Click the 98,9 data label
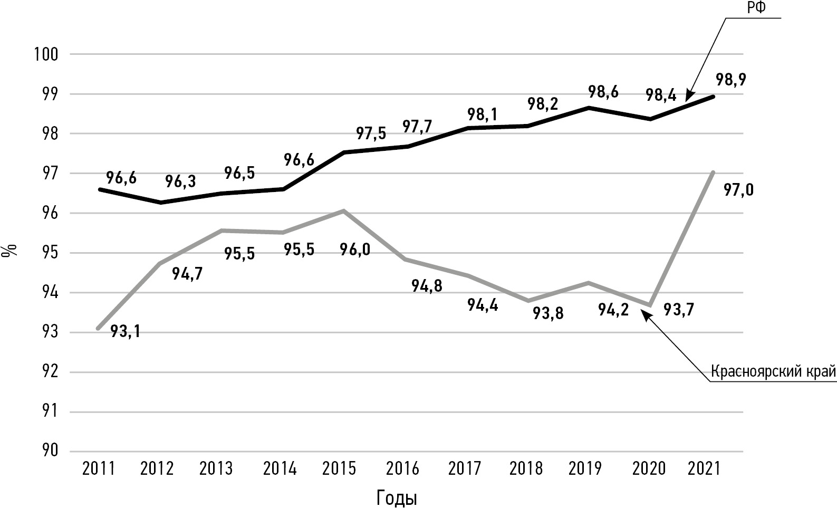(x=731, y=80)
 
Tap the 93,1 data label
(x=126, y=331)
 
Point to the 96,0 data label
(x=355, y=250)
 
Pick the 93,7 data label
(x=679, y=310)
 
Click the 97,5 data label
(x=371, y=133)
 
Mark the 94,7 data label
(x=187, y=274)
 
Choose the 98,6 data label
(x=603, y=92)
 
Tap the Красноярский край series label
(x=773, y=372)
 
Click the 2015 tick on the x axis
(x=339, y=468)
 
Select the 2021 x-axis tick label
(x=704, y=468)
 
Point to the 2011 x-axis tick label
(x=99, y=468)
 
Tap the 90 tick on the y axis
(x=50, y=451)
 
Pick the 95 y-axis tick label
(x=50, y=253)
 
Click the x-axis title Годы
(x=397, y=498)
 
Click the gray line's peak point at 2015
(x=343, y=211)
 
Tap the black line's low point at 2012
(x=161, y=203)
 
